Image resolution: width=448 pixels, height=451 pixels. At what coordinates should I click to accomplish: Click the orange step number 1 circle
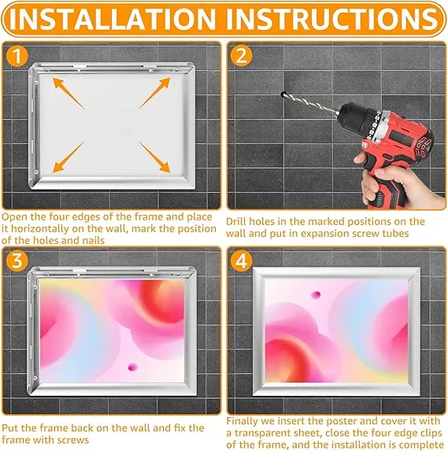(17, 56)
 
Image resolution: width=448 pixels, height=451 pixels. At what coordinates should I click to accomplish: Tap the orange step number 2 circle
(241, 56)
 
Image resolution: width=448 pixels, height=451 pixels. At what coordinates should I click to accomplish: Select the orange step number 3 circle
(17, 261)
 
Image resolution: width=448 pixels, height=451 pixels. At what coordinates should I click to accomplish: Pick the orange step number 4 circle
(241, 261)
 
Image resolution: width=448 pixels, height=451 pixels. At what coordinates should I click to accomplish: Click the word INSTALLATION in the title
(113, 19)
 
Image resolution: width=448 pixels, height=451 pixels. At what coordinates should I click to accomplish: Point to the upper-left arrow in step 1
(68, 94)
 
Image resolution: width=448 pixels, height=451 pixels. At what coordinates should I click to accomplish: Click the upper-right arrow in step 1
(154, 93)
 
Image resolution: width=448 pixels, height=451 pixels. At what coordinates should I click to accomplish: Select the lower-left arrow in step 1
(68, 157)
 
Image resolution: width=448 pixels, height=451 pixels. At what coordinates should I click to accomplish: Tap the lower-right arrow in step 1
(154, 157)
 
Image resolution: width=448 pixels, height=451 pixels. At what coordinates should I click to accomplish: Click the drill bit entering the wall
(310, 104)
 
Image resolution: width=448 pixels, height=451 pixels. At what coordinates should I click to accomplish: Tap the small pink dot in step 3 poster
(132, 367)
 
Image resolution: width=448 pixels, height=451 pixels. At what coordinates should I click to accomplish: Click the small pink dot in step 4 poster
(316, 294)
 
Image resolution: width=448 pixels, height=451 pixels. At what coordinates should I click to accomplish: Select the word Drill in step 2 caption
(236, 221)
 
